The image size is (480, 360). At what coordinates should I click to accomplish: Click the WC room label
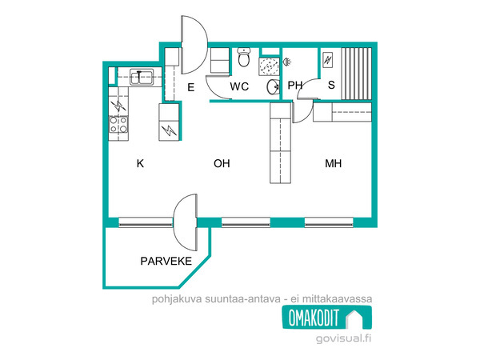239,86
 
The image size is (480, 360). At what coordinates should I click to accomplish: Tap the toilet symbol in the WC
244,57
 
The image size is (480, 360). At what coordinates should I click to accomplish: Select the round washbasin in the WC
273,87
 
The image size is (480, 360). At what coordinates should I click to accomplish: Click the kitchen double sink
141,77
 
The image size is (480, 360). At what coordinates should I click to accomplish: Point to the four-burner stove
118,124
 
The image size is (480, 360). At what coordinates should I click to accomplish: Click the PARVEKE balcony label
166,261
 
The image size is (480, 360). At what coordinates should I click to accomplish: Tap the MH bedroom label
333,163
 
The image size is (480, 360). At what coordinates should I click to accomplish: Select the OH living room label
222,163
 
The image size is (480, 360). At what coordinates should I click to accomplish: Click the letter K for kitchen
140,163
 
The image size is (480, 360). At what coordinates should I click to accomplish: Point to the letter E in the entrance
190,87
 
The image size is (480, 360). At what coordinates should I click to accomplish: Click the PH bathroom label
294,85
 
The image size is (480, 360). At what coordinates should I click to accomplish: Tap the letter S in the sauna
331,85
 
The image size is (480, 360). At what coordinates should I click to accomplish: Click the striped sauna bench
356,74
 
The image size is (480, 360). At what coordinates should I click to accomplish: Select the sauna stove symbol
328,60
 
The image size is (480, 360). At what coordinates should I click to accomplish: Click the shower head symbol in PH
286,62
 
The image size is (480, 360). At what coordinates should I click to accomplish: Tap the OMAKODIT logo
327,318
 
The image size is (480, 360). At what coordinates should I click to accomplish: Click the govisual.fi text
343,338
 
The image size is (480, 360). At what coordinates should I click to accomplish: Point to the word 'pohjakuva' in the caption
177,298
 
